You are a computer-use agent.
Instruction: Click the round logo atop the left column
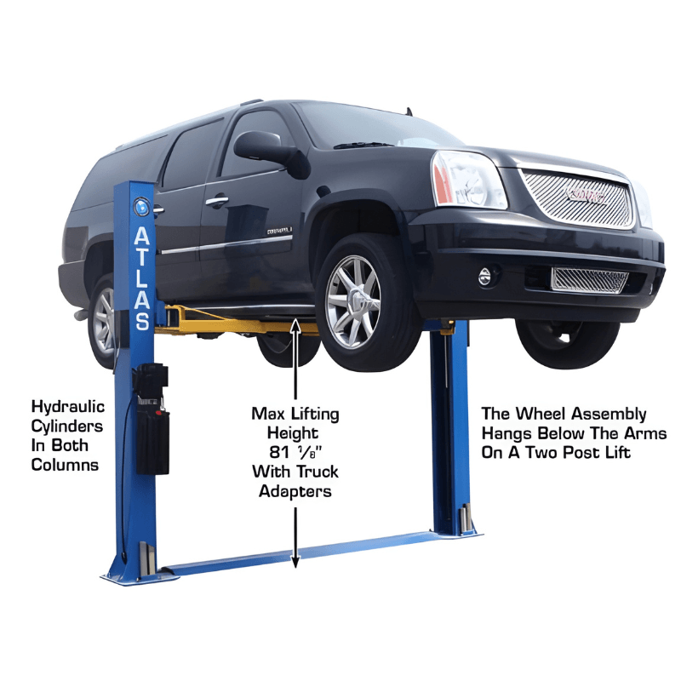(x=141, y=207)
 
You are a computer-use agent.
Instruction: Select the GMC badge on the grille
(x=587, y=196)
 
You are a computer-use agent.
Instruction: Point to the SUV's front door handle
(x=217, y=201)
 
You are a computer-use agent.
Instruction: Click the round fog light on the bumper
(x=484, y=276)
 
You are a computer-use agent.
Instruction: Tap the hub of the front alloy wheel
(x=356, y=300)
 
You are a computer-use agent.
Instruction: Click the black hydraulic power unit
(x=152, y=420)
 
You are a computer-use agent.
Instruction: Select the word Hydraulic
(x=68, y=407)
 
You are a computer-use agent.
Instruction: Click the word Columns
(x=65, y=465)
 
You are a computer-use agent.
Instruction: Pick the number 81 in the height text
(x=279, y=452)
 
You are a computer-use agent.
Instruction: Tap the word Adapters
(x=295, y=492)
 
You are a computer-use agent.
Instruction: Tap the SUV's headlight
(x=468, y=180)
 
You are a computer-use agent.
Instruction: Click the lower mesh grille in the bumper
(x=589, y=281)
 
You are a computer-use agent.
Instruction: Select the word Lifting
(x=314, y=414)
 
